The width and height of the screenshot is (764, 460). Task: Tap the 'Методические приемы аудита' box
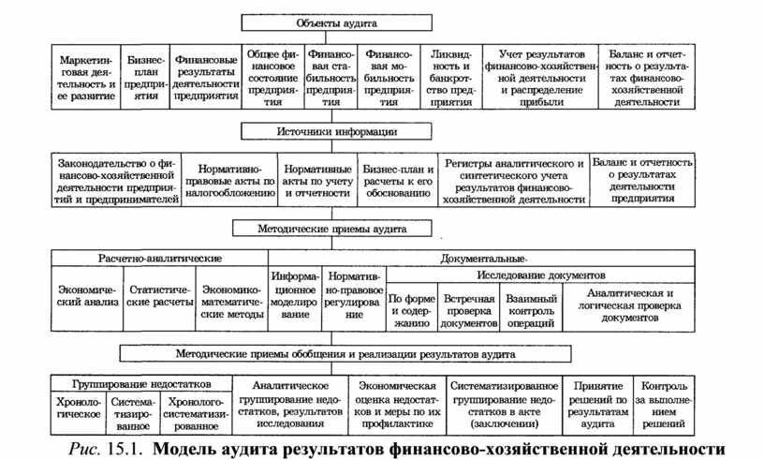[x=331, y=228]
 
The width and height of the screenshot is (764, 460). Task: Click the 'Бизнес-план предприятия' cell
[x=145, y=77]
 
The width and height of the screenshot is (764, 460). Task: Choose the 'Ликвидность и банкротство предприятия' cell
[x=451, y=77]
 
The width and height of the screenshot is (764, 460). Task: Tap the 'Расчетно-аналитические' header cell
[x=159, y=257]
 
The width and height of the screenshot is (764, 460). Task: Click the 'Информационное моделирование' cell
[x=295, y=295]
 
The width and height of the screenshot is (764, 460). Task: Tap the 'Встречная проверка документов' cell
[x=469, y=310]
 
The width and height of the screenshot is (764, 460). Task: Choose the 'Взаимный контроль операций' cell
[x=532, y=310]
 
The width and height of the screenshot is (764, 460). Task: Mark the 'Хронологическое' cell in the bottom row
[x=78, y=412]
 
